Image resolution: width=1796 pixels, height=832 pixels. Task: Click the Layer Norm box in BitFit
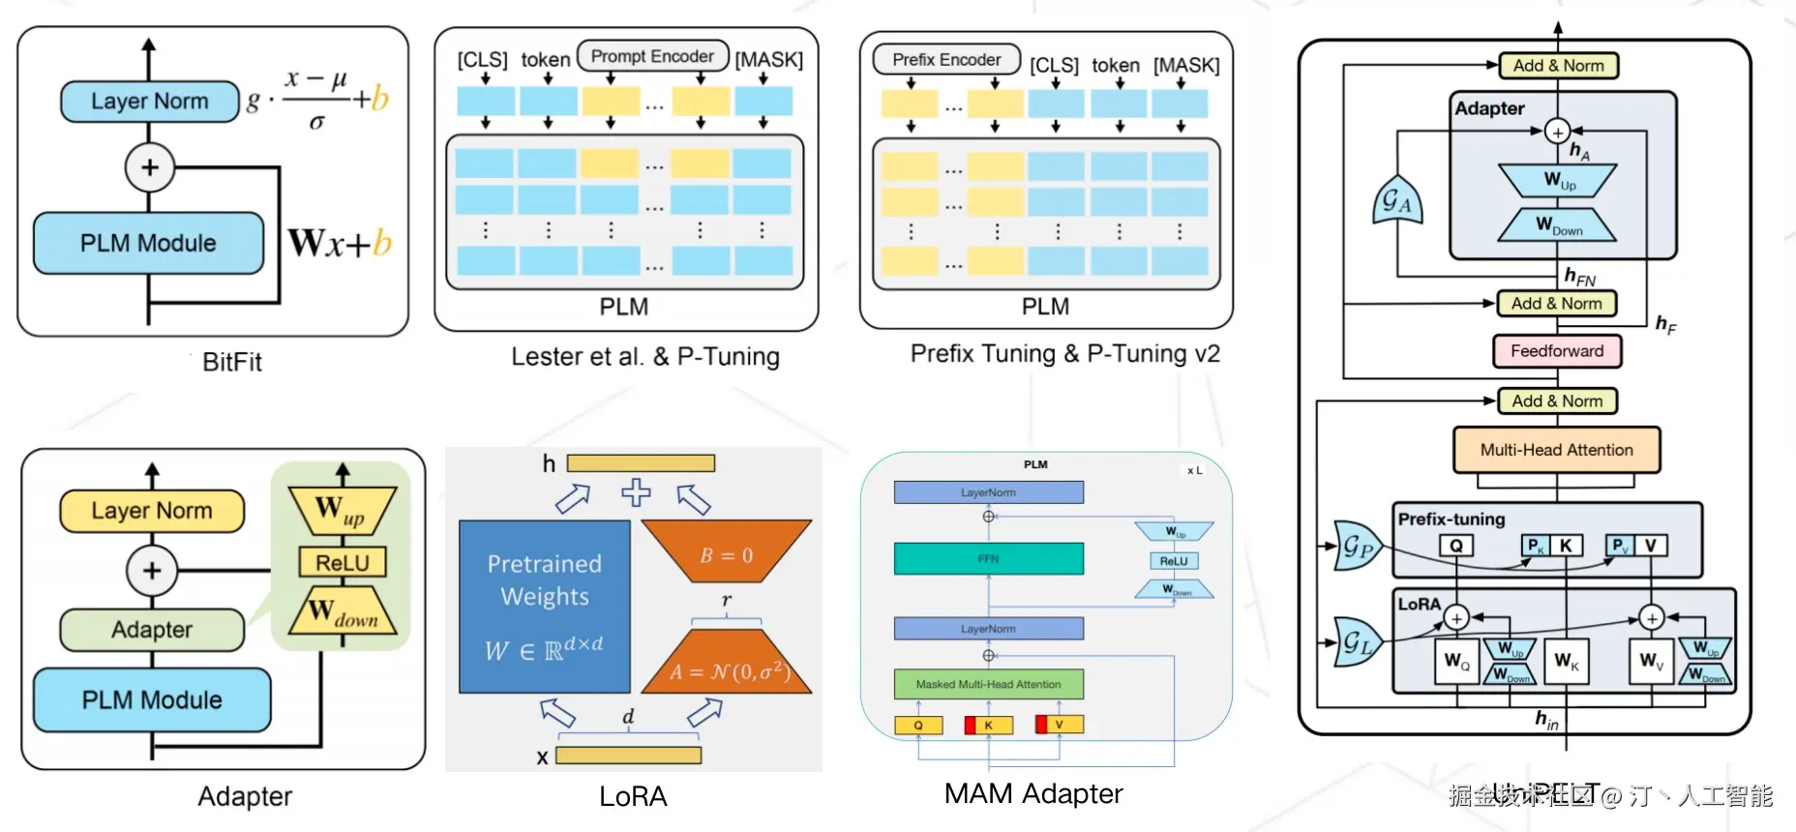pyautogui.click(x=149, y=102)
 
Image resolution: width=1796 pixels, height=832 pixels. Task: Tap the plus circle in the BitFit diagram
pyautogui.click(x=149, y=167)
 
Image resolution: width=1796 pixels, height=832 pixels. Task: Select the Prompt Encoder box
pyautogui.click(x=652, y=56)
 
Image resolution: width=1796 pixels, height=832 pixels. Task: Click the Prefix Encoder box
pyautogui.click(x=946, y=60)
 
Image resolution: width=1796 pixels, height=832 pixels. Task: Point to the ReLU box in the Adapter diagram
pyautogui.click(x=343, y=563)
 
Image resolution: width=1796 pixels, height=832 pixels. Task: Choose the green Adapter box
pyautogui.click(x=152, y=630)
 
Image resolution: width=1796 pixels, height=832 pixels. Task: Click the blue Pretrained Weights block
pyautogui.click(x=544, y=607)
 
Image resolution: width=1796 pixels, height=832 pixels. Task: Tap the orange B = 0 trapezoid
pyautogui.click(x=726, y=553)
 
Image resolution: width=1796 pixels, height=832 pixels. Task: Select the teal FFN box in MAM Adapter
pyautogui.click(x=988, y=558)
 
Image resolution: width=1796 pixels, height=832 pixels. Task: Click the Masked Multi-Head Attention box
pyautogui.click(x=988, y=684)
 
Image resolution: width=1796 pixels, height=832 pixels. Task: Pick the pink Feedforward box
pyautogui.click(x=1557, y=351)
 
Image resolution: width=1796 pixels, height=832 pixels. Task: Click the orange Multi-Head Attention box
pyautogui.click(x=1556, y=450)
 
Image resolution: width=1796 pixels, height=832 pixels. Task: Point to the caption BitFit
pyautogui.click(x=232, y=362)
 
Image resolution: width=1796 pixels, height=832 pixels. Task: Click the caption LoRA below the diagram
pyautogui.click(x=633, y=796)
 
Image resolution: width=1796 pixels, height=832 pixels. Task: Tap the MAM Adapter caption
pyautogui.click(x=1033, y=794)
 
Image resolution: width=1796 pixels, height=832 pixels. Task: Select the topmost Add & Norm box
pyautogui.click(x=1558, y=66)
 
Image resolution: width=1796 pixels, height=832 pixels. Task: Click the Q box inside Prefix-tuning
pyautogui.click(x=1455, y=546)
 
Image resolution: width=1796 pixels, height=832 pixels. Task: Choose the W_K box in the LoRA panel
pyautogui.click(x=1566, y=661)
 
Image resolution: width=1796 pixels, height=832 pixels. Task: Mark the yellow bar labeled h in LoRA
pyautogui.click(x=641, y=463)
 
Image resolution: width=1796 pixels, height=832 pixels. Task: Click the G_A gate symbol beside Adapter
pyautogui.click(x=1396, y=201)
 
